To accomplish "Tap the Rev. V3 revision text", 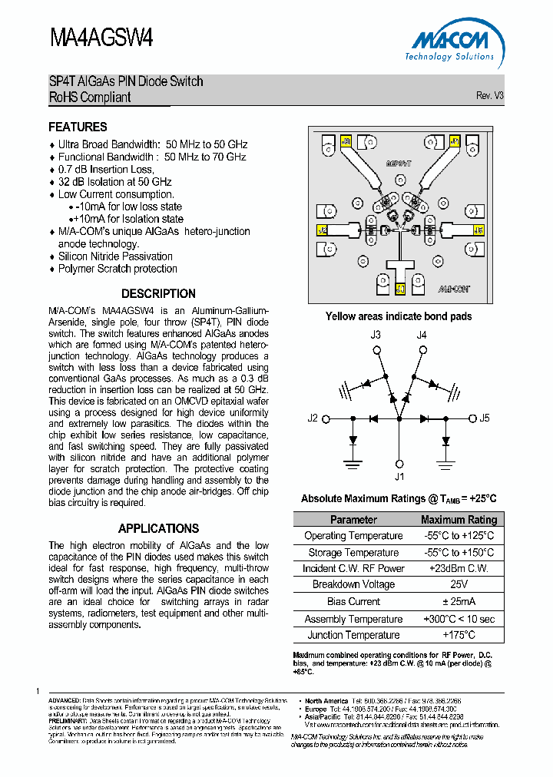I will point(489,96).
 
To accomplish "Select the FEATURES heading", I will point(78,127).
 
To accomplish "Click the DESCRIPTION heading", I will point(158,293).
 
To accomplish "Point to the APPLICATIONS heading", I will point(158,528).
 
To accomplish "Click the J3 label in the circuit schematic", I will point(376,335).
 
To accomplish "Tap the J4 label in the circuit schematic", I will point(421,335).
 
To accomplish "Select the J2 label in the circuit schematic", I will point(313,418).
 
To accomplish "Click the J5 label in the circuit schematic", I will point(484,418).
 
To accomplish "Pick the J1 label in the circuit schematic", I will point(399,477).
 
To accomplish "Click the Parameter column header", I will point(353,520).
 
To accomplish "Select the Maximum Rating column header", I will point(459,520).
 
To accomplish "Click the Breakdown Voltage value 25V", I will point(459,585).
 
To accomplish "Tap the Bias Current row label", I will point(353,601).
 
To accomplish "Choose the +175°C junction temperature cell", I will point(459,635).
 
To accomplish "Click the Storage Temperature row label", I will point(353,552).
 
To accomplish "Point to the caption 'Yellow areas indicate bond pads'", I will point(398,316).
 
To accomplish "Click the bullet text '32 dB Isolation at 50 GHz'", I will point(114,182).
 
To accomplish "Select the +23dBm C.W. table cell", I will point(459,568).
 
